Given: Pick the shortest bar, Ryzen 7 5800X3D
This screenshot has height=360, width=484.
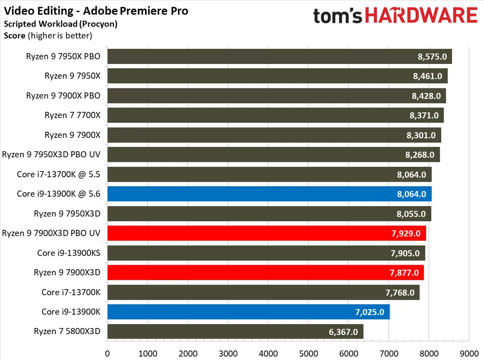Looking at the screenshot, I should [235, 331].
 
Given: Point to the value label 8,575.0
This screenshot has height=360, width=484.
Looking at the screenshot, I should [432, 56].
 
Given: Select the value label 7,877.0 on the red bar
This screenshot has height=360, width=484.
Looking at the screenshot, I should [405, 273].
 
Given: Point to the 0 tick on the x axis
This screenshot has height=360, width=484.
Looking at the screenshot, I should [107, 354].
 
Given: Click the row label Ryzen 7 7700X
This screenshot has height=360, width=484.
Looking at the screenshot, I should [72, 115].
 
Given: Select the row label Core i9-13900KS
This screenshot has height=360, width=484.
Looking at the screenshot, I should [69, 253].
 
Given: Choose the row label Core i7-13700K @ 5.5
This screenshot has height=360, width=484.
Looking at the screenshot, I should [59, 174].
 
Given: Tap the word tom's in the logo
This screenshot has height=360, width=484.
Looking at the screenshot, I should [338, 16].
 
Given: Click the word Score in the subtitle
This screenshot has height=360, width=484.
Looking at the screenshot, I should [14, 35].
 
